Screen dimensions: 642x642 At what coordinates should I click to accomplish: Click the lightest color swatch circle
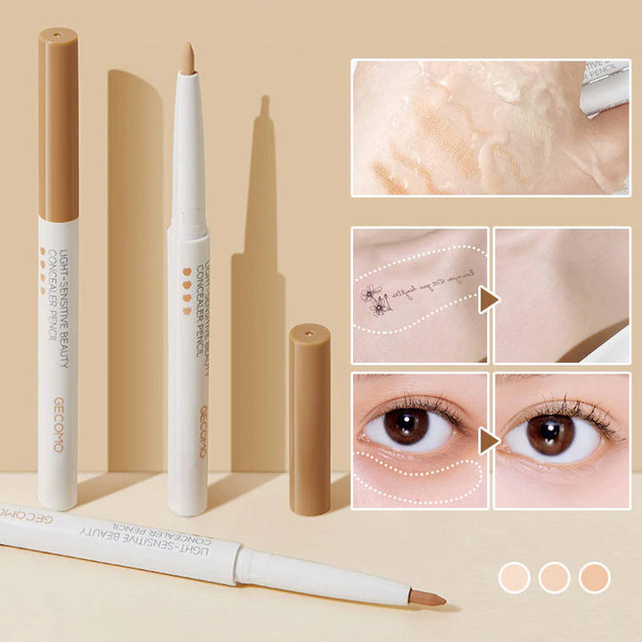pos(514,577)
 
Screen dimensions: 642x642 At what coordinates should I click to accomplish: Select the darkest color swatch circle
pos(594,577)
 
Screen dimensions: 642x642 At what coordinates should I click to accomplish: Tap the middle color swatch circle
pos(555,577)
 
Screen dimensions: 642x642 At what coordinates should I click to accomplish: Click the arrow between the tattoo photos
pos(490,300)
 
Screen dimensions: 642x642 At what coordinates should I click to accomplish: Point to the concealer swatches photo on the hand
pos(490,127)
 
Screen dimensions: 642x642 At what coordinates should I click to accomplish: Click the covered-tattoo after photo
pos(562,295)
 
